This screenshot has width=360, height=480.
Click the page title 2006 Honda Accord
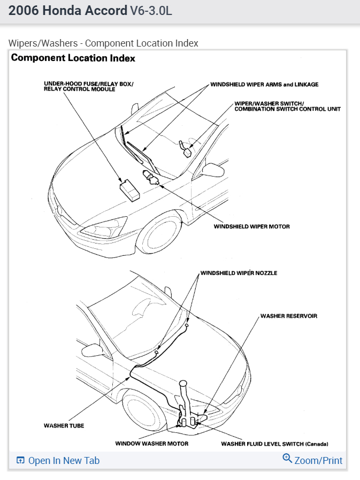pos(68,11)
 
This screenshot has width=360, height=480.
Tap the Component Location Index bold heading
pos(73,58)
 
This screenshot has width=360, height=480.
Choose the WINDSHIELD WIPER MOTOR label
pos(251,226)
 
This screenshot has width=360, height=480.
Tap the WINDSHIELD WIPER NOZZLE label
pos(239,273)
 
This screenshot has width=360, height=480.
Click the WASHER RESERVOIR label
pos(288,316)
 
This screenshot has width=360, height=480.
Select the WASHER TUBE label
pos(64,426)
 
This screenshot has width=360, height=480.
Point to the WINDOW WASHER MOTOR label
pos(151,444)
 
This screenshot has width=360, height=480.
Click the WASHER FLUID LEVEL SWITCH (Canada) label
pos(274,444)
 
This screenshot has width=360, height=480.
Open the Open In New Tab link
pos(64,461)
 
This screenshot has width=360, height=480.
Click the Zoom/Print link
pos(318,460)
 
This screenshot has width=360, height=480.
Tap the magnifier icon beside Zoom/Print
pos(287,459)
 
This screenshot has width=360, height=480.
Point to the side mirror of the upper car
pos(211,170)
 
